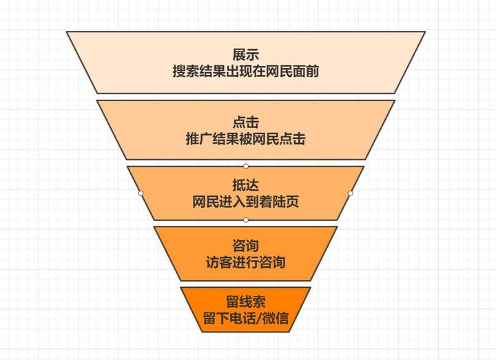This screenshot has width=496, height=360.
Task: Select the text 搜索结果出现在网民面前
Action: [x=246, y=71]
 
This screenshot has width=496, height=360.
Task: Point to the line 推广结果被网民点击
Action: [x=246, y=139]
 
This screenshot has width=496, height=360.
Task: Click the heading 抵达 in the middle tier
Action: [x=246, y=185]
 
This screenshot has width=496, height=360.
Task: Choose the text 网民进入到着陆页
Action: [x=246, y=202]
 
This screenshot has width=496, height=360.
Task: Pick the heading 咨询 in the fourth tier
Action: [x=246, y=246]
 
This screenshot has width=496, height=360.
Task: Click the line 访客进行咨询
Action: [x=246, y=262]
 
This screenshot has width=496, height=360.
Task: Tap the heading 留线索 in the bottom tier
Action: [x=246, y=303]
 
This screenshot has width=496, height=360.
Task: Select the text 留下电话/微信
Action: [x=246, y=319]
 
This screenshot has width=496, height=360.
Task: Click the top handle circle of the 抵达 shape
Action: [x=246, y=166]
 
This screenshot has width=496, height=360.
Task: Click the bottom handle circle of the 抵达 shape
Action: [x=246, y=220]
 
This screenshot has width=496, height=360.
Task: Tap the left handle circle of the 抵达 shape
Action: [x=141, y=193]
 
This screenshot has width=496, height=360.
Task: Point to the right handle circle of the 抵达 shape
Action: [x=350, y=193]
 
